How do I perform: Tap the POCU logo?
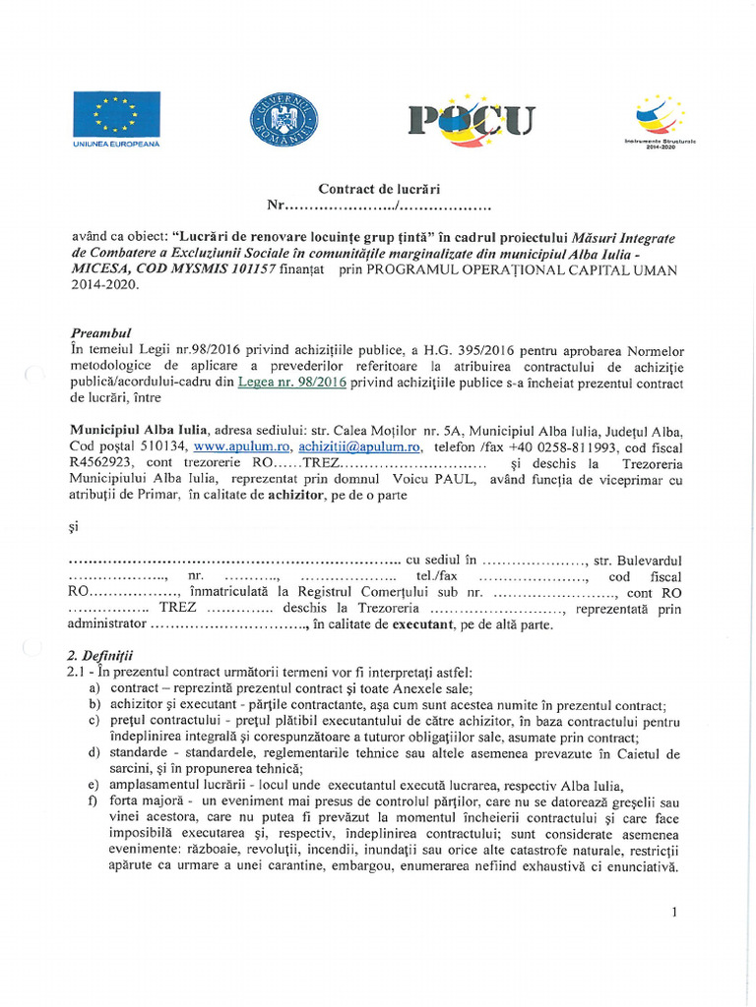472,119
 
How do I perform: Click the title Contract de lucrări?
378,189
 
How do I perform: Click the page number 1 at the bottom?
674,912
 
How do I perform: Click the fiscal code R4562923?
103,462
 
